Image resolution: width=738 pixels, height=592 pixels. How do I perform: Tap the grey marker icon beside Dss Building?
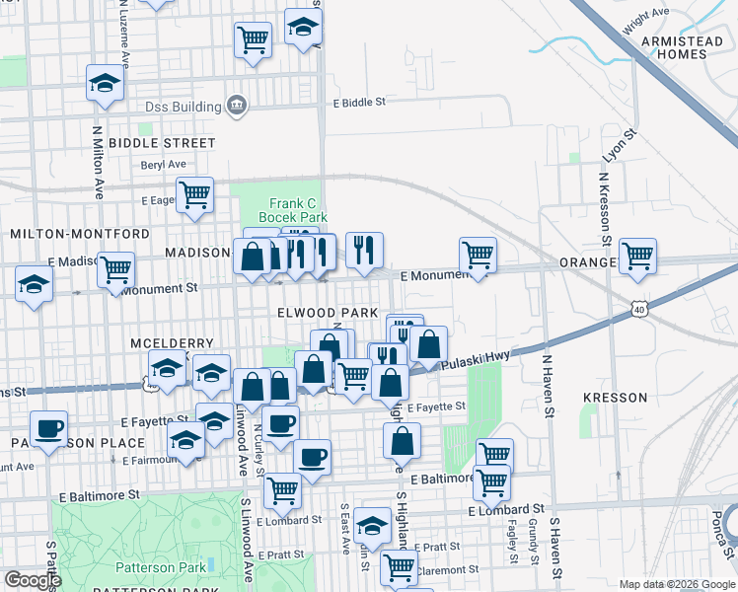(x=237, y=105)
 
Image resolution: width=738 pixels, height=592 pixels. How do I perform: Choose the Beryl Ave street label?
(x=163, y=165)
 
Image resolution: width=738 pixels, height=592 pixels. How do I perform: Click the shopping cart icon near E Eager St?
(x=194, y=192)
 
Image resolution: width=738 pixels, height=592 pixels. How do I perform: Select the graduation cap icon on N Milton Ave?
(x=104, y=84)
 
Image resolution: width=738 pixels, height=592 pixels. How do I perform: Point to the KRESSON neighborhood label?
(x=615, y=398)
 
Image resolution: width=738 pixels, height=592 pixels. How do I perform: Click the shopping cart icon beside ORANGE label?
(x=637, y=255)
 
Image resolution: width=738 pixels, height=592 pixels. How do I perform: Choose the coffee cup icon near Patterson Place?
(x=48, y=427)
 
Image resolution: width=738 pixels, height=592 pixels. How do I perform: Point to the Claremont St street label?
(x=446, y=569)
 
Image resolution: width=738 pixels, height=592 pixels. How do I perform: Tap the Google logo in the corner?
(x=33, y=580)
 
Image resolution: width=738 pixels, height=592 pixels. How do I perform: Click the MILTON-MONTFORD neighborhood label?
(x=79, y=234)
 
